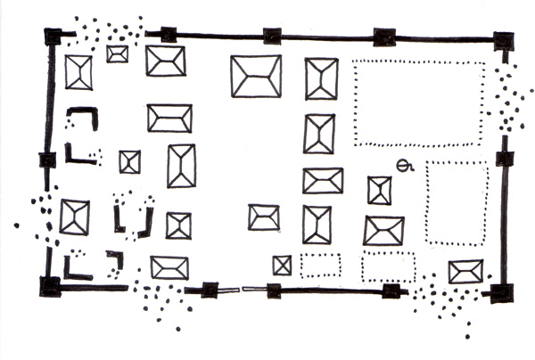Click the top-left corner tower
click(x=53, y=37)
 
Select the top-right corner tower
click(x=504, y=40)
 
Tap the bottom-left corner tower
click(x=50, y=286)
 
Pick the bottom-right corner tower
click(x=501, y=292)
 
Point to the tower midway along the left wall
click(x=48, y=160)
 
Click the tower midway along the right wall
click(x=505, y=159)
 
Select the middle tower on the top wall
click(x=273, y=37)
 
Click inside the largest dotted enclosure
click(x=419, y=102)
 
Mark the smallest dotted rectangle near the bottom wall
click(x=320, y=265)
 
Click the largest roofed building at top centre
click(x=256, y=76)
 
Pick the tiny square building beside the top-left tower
click(x=117, y=53)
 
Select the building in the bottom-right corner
click(x=465, y=271)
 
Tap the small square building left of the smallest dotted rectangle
click(x=283, y=265)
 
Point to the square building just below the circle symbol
click(x=380, y=190)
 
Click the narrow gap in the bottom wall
click(x=241, y=289)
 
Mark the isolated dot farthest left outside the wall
click(x=16, y=225)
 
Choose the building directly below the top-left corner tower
click(x=78, y=72)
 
